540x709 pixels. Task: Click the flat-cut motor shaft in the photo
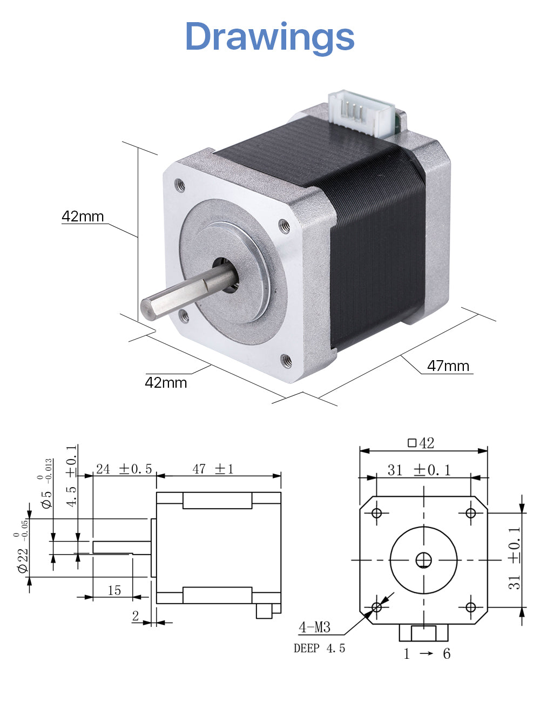[x=188, y=292]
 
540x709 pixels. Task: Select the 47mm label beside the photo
[x=448, y=366]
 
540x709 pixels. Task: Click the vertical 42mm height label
[x=83, y=216]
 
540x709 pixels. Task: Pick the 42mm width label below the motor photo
[x=166, y=382]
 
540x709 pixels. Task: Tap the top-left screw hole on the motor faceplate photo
[x=180, y=185]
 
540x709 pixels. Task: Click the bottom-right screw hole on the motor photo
[x=286, y=361]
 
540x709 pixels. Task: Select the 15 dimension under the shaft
[x=114, y=590]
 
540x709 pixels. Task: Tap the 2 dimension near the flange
[x=136, y=616]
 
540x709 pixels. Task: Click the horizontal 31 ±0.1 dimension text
[x=419, y=470]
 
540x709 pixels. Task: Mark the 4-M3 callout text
[x=315, y=627]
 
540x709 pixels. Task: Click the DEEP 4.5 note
[x=320, y=648]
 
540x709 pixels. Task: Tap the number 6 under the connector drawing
[x=447, y=654]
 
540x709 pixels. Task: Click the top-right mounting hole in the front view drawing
[x=470, y=512]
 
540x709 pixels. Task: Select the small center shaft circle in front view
[x=424, y=560]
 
